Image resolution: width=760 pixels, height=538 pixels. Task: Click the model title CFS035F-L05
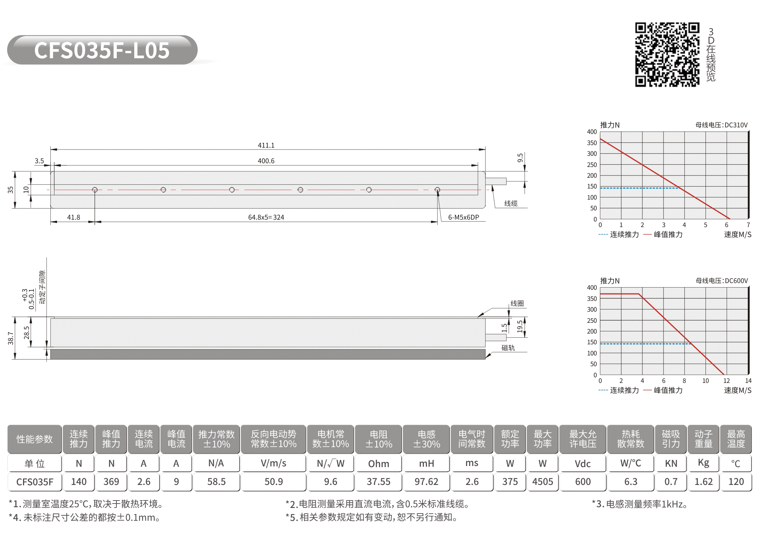point(102,50)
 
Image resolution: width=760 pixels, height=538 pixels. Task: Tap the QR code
point(667,55)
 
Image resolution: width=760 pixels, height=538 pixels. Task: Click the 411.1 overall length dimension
point(266,145)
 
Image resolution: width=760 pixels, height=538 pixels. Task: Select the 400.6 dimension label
point(266,161)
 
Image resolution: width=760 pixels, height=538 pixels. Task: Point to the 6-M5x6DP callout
point(463,217)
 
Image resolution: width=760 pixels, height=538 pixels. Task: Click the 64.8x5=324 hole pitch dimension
point(266,217)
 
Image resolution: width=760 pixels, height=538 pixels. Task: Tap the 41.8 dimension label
point(73,217)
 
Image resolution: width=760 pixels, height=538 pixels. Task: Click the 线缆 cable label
point(510,203)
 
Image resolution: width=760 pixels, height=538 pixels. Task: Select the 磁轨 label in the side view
point(508,348)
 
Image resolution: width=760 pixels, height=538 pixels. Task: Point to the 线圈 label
point(517,303)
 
